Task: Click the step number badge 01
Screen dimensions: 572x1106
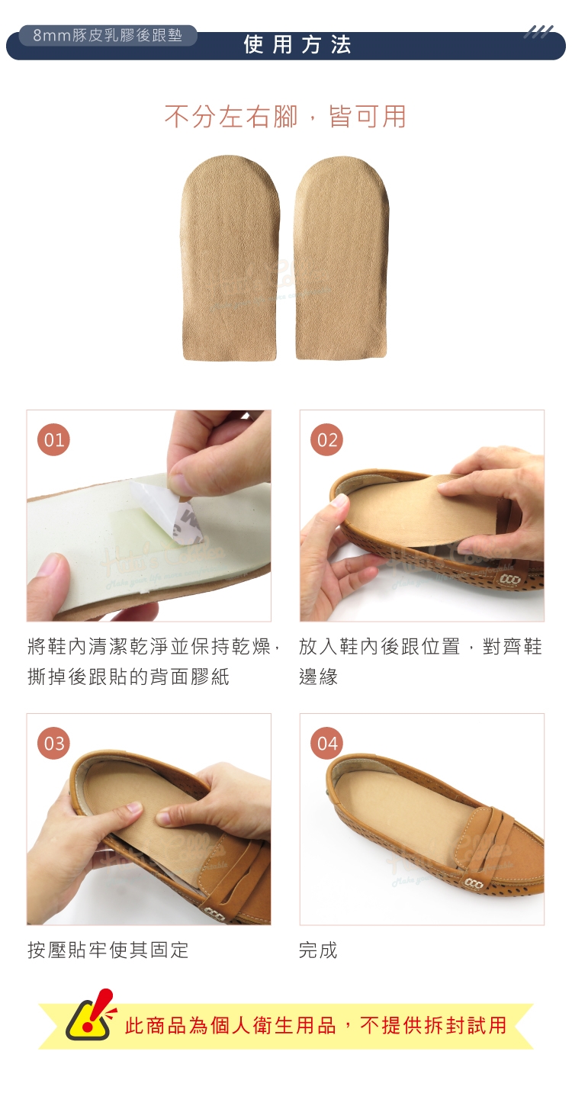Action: [54, 439]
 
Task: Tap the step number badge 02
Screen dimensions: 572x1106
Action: [326, 439]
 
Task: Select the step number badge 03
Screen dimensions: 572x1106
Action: [54, 743]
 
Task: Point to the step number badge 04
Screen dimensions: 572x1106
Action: [326, 743]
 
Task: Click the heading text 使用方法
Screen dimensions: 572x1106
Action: [297, 44]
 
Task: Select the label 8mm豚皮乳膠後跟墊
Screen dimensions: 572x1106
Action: [108, 36]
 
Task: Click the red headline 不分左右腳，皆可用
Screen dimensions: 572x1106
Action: [285, 117]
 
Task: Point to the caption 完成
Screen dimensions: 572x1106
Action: [318, 950]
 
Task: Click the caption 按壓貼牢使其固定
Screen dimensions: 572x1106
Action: [108, 950]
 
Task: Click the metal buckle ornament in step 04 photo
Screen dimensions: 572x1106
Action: [474, 886]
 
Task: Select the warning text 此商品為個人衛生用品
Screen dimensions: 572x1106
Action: [230, 1025]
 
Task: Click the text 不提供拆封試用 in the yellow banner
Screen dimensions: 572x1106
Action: [433, 1025]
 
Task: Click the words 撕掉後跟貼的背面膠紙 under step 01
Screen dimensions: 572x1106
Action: [128, 677]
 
